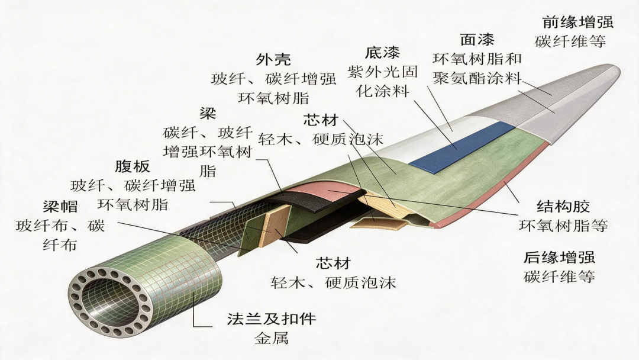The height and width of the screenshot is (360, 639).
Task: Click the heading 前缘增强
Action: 578,22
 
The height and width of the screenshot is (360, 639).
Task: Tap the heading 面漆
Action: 477,40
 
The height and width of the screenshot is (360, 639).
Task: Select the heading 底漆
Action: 382,53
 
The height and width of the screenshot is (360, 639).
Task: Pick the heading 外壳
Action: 273,60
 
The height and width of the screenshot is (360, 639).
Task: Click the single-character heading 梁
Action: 208,113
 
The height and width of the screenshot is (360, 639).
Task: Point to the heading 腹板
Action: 133,166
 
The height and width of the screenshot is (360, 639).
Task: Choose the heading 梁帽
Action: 60,206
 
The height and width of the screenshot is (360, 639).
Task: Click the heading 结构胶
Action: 563,206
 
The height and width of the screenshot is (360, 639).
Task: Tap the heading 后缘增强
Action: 559,257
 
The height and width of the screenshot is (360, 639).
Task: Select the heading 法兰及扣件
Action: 272,319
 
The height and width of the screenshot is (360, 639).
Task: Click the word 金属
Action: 272,338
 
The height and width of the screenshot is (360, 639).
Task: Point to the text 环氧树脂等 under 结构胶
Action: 563,226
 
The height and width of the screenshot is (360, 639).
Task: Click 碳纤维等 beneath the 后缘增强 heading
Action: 559,277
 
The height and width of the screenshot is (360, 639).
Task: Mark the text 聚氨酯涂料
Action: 477,78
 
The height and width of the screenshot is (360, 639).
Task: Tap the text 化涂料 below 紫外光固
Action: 382,91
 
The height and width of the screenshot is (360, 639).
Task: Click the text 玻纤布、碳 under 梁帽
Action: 60,226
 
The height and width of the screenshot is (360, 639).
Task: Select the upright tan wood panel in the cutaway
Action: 276,226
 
